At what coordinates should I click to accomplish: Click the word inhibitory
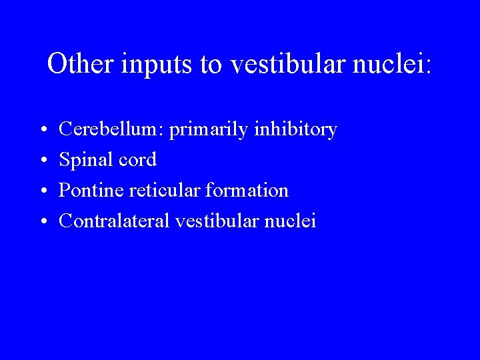pos(295,129)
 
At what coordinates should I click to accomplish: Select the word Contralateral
pos(115,221)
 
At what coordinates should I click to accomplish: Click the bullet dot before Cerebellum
pos(42,130)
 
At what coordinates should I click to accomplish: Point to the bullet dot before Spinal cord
pos(42,161)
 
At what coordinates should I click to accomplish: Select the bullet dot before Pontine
pos(42,191)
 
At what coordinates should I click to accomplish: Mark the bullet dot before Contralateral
pos(42,221)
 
